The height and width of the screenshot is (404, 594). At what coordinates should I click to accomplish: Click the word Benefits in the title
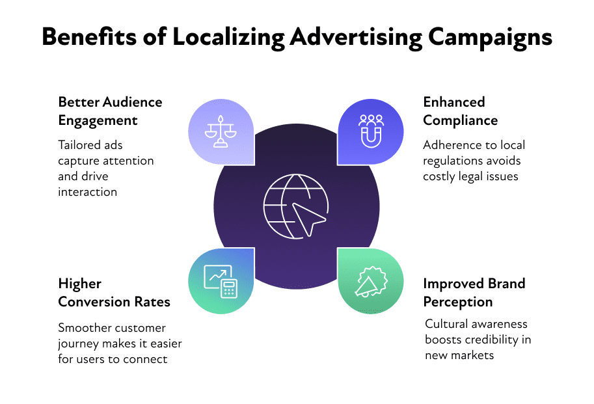(x=89, y=36)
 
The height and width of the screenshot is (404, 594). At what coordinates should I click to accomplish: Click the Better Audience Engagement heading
(x=110, y=111)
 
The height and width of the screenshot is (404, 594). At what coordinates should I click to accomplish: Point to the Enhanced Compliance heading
(x=460, y=111)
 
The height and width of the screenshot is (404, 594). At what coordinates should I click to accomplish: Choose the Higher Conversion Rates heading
(x=114, y=293)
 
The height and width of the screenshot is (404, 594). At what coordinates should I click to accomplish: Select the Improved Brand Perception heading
(x=474, y=293)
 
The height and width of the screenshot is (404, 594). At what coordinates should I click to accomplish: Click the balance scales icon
(x=221, y=132)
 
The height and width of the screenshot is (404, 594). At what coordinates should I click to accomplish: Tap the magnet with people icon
(x=371, y=131)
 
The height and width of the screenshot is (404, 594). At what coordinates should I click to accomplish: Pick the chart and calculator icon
(x=221, y=281)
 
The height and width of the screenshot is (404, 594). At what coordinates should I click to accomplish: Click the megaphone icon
(x=371, y=282)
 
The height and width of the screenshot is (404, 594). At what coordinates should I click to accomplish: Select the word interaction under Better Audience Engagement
(x=88, y=192)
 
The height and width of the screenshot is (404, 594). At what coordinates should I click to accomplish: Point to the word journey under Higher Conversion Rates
(x=77, y=344)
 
